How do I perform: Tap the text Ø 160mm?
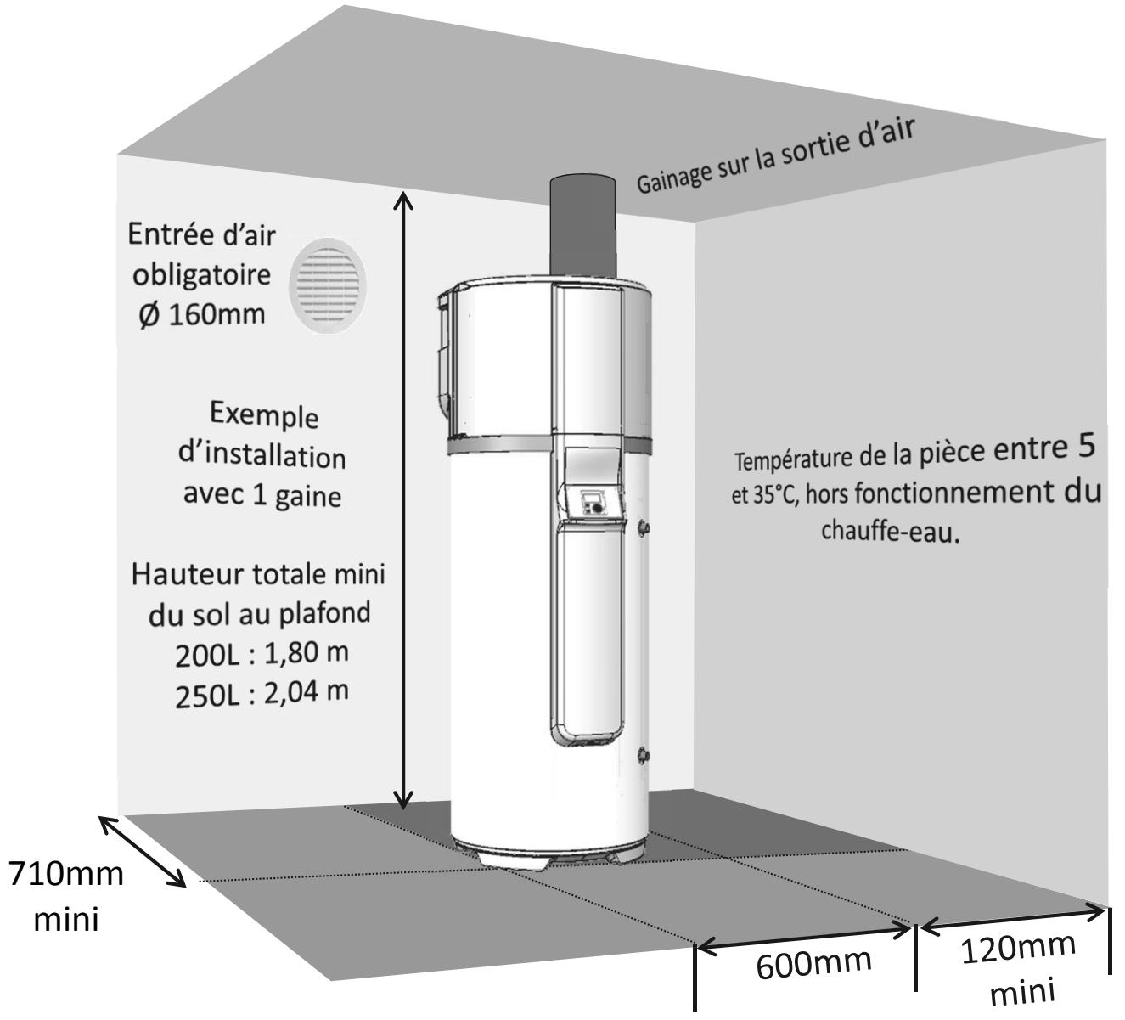(200, 315)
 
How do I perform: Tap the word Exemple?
(264, 416)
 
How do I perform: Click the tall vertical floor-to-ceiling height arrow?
(405, 501)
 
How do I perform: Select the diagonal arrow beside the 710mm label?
(143, 851)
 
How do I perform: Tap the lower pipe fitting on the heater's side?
(645, 753)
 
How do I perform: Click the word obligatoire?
(200, 275)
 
